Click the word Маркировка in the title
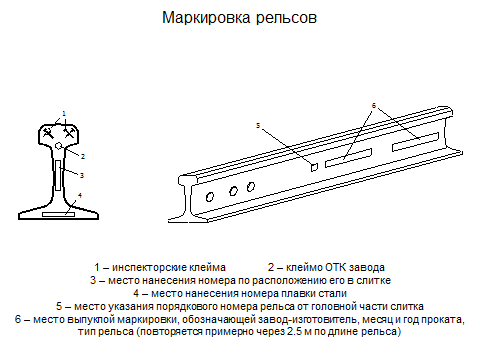(206, 18)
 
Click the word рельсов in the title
(286, 19)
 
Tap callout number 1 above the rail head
(64, 114)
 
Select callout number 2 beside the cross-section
(83, 156)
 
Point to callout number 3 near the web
(82, 175)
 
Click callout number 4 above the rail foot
(80, 195)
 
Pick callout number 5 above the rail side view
(257, 126)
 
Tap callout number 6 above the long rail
(374, 106)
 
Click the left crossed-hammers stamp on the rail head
(48, 133)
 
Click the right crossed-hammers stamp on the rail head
(69, 133)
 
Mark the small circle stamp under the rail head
(59, 146)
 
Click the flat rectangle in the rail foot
(58, 214)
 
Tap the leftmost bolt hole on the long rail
(210, 197)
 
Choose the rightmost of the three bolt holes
(251, 187)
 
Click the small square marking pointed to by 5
(314, 167)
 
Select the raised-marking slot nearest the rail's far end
(415, 142)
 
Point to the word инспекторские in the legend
(150, 267)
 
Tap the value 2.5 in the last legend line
(294, 332)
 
